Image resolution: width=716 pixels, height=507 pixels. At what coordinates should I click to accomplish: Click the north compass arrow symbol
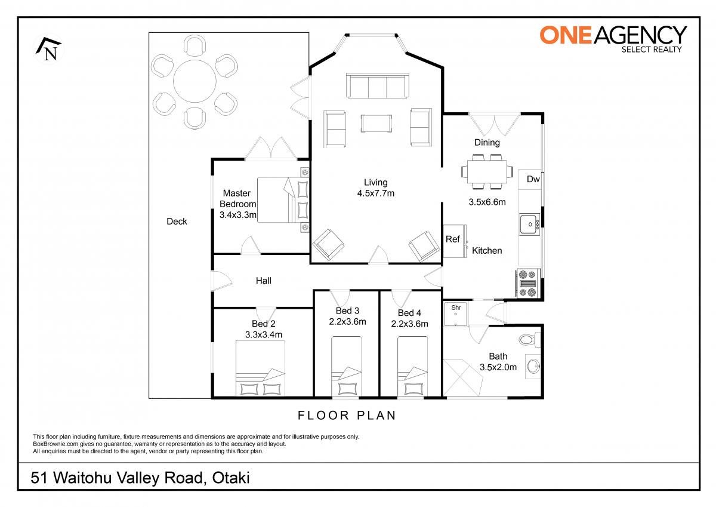coord(48,50)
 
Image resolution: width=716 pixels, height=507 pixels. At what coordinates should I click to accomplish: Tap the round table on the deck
coord(195,81)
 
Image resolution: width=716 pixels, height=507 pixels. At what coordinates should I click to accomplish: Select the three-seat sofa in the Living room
coord(378,86)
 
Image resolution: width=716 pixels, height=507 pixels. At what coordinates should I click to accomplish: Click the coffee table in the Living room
coord(376,123)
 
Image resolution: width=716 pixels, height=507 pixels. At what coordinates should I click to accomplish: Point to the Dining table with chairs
coord(487,172)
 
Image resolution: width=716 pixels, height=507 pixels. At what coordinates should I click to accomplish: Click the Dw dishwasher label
coord(533,179)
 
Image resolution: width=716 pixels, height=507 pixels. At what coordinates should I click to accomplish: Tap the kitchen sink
coord(530,224)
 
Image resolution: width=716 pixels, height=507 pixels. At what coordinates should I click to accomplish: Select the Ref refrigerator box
coord(453,241)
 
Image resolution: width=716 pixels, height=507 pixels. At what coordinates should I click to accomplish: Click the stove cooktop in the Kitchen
coord(527,283)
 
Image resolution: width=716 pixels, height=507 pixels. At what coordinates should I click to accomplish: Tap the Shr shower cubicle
coord(455,314)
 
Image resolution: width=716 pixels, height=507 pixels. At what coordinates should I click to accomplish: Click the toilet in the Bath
coord(530,340)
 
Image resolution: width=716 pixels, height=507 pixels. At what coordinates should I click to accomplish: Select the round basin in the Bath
coord(533,367)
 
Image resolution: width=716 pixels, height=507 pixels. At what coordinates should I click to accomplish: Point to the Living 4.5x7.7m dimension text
coord(375,188)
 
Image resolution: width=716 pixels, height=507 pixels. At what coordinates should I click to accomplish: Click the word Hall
coord(263,281)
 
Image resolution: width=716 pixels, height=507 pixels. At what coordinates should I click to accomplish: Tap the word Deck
coord(177,222)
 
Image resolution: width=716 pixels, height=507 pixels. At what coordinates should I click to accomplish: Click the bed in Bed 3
coord(347,366)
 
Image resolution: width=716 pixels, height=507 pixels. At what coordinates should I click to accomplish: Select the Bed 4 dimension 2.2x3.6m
coord(409,324)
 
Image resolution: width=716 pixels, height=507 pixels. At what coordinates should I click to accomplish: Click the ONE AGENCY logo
coord(613,39)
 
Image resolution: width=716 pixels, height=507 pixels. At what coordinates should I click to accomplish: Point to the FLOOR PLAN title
coord(347,415)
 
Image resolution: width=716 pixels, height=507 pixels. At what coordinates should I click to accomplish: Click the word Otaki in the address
coord(231,478)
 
